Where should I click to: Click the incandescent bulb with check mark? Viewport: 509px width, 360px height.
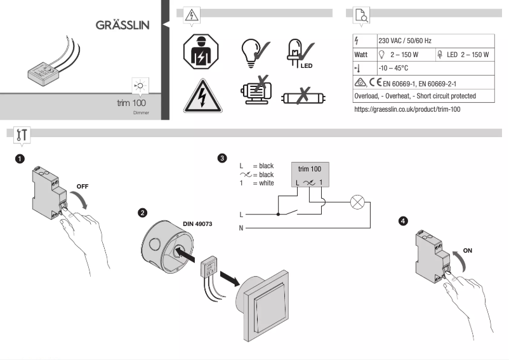tap(253, 53)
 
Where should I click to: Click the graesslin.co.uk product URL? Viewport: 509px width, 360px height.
tap(407, 110)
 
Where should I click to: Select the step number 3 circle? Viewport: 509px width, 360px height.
tap(221, 157)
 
